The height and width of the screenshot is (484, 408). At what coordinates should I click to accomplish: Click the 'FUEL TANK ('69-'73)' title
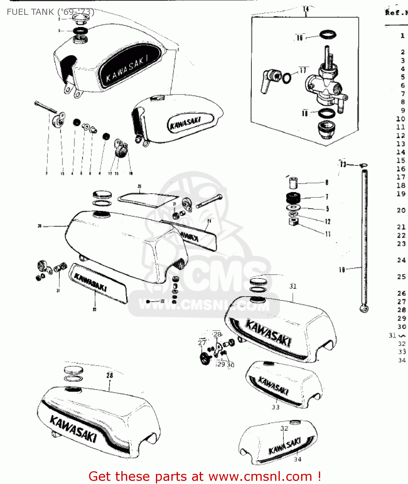click(51, 12)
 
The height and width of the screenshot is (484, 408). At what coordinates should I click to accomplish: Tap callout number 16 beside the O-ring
click(300, 38)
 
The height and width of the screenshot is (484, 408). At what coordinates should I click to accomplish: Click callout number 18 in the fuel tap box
click(305, 113)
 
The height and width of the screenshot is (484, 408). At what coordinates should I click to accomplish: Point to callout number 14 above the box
click(306, 9)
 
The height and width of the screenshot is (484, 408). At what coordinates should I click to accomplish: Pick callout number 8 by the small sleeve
click(327, 183)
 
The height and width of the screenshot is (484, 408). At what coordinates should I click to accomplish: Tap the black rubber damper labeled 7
click(293, 197)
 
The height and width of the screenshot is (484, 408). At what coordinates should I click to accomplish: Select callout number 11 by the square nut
click(328, 234)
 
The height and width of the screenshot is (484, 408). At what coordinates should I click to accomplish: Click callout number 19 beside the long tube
click(342, 270)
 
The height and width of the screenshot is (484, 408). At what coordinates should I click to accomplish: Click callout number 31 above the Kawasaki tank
click(293, 286)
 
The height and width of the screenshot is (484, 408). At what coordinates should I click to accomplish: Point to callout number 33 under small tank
click(275, 407)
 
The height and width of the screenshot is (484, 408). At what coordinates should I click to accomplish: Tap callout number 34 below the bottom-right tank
click(298, 459)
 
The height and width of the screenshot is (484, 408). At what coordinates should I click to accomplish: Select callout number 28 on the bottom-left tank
click(110, 375)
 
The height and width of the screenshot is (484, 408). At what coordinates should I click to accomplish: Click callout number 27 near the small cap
click(202, 342)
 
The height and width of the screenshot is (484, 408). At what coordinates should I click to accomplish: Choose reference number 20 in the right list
click(401, 210)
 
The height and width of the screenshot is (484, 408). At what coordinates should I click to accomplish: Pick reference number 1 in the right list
click(403, 35)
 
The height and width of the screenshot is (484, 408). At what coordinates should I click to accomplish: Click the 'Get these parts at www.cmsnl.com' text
click(205, 476)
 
